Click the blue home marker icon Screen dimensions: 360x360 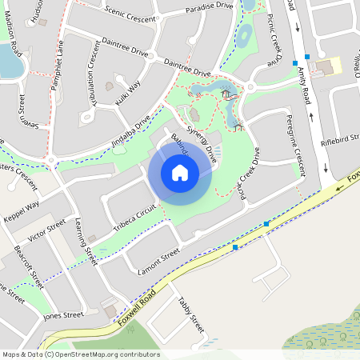180,172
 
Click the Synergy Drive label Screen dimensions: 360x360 202,142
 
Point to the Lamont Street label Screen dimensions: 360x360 158,258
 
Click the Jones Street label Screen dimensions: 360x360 63,315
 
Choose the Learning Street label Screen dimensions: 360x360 86,242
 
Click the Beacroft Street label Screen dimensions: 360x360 29,266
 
